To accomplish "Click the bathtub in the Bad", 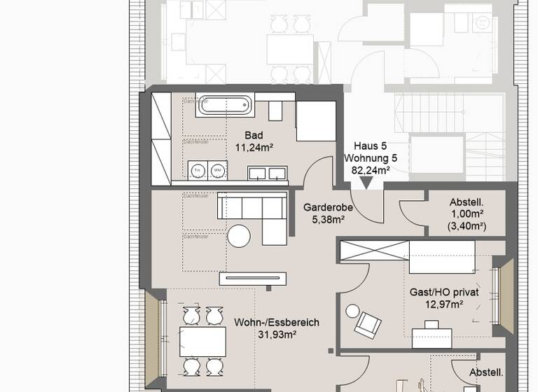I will [225, 105].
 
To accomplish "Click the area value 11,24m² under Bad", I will [254, 147].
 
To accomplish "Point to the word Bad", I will [253, 135].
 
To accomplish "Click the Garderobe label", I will [327, 207].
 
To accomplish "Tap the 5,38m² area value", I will [327, 220].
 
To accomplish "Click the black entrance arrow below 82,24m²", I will [366, 184].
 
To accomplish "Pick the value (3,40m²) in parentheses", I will [467, 225].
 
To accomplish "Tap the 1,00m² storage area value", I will [467, 213].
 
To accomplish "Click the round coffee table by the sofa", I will [238, 236].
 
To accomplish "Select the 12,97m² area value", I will [444, 304].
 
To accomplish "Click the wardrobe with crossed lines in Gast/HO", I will [373, 248].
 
